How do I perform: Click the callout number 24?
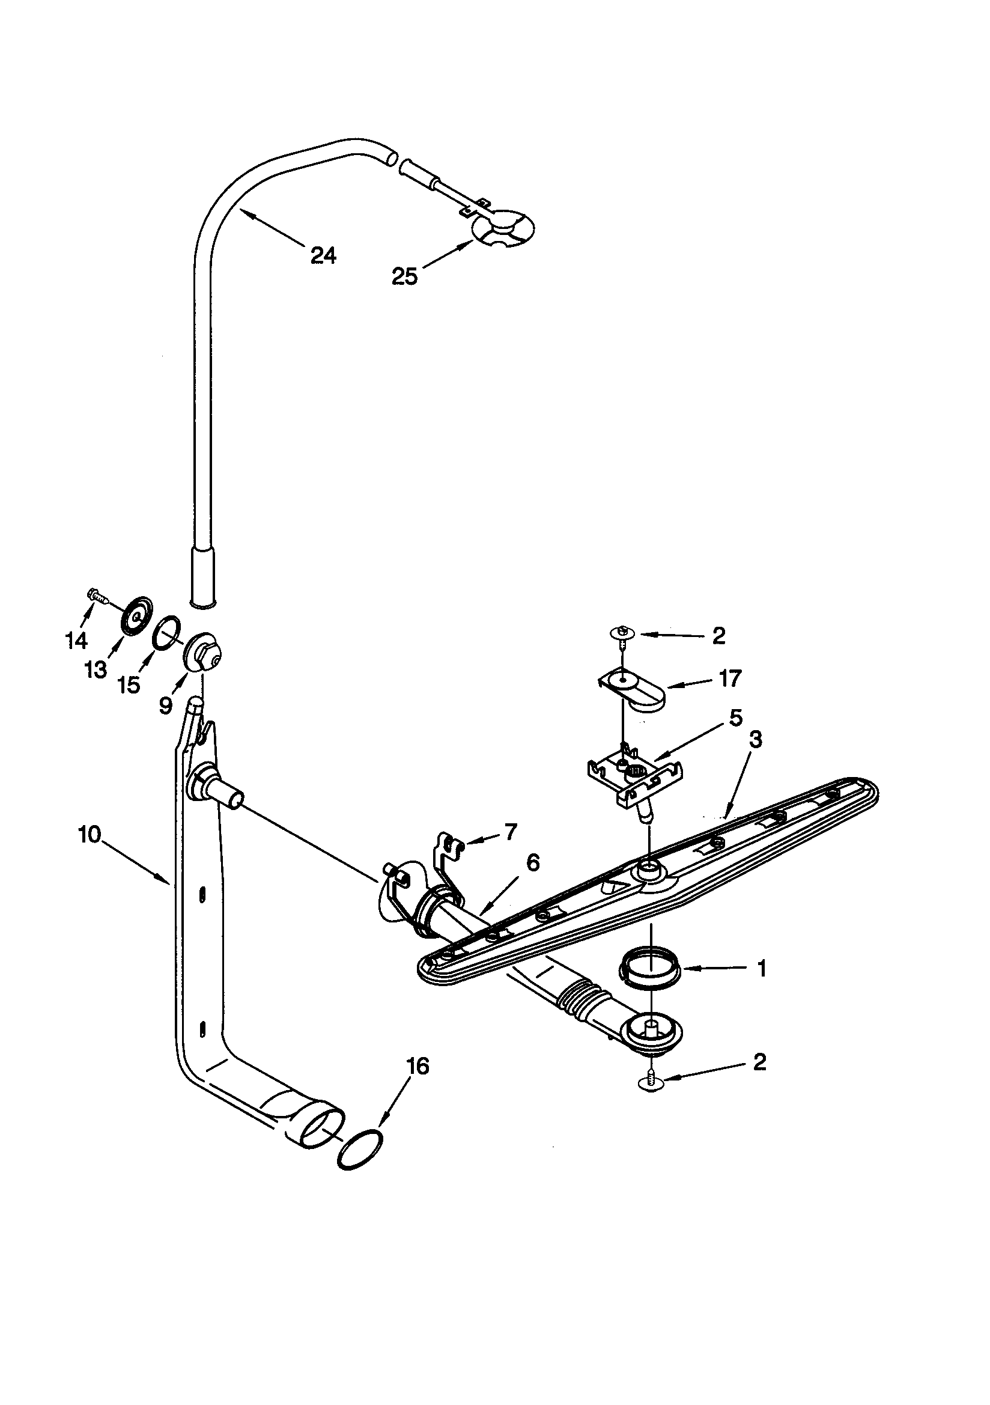click(323, 255)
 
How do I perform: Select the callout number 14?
click(76, 641)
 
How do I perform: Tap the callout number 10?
click(90, 835)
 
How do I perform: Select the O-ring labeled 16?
click(360, 1151)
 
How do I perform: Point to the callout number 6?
click(532, 863)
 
